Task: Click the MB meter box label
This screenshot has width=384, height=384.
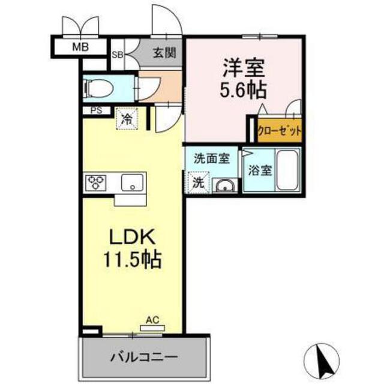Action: point(79,46)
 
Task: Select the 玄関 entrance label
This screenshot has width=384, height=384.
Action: point(164,53)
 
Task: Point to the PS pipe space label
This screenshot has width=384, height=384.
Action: point(95,110)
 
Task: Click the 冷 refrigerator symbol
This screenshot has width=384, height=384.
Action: point(127,118)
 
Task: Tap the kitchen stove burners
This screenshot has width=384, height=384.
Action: point(96,182)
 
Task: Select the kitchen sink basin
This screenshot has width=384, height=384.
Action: point(131,181)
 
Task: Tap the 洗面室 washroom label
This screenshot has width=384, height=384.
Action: point(211,160)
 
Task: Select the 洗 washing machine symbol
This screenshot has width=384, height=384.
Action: point(198,182)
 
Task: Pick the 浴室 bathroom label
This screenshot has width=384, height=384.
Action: point(259,170)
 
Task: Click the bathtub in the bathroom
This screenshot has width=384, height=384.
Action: point(288,170)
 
